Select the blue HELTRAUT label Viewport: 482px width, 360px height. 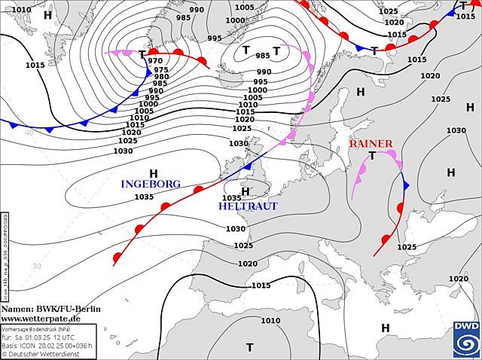pos(248,206)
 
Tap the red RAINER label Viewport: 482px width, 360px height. pos(371,144)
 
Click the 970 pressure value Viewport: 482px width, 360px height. pos(155,61)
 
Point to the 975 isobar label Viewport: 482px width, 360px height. pos(161,69)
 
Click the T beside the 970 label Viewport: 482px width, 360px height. pos(142,54)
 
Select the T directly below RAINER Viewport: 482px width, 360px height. pos(372,156)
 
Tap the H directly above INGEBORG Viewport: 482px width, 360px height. pos(154,172)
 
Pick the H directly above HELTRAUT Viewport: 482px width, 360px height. pos(245,191)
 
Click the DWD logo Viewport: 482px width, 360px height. pos(465,337)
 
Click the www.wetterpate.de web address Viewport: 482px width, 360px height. pos(41,319)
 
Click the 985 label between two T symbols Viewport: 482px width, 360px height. pos(263,56)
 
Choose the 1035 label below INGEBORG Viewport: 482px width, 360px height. pos(144,197)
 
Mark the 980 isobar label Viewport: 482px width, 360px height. pos(161,77)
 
